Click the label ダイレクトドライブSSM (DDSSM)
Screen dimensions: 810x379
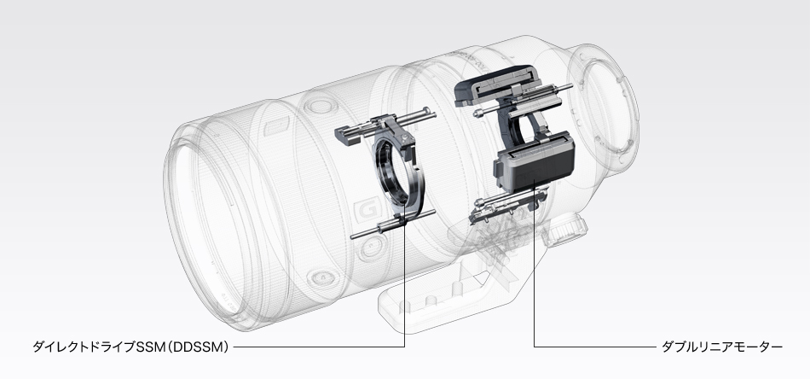[130, 347]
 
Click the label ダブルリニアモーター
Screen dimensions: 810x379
[722, 347]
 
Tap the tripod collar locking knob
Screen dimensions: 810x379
[567, 228]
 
